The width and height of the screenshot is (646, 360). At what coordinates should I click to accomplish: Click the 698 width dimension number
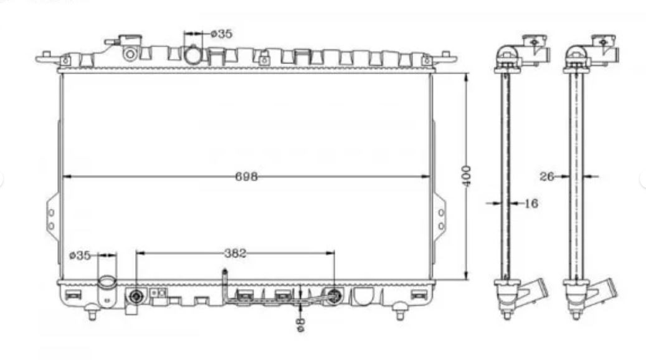point(246,177)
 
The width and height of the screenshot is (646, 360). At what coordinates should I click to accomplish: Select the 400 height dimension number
point(467,176)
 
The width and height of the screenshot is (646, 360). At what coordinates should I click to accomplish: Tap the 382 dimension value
point(235,253)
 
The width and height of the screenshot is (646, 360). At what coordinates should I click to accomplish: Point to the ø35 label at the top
point(222,34)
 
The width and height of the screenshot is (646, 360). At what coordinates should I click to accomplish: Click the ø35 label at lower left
point(80,255)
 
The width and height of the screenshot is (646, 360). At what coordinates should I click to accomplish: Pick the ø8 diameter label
point(300,324)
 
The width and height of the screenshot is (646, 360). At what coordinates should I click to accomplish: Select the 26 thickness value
point(547,177)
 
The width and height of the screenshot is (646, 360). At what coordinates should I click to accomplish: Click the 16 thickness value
point(531,203)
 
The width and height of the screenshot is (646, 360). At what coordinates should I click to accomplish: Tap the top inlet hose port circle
point(192,55)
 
